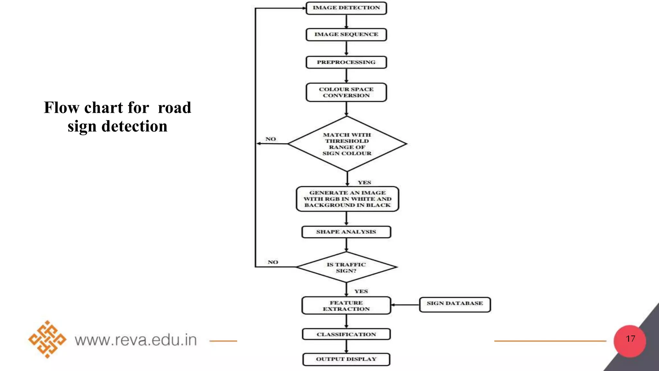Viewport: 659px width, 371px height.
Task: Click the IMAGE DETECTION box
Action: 346,8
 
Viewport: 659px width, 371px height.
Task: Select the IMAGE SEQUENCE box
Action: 346,34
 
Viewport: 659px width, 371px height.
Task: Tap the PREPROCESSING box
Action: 346,62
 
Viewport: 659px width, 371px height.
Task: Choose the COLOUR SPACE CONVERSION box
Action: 346,92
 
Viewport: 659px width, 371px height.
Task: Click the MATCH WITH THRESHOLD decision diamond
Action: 347,144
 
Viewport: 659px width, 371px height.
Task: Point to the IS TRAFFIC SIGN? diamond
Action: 346,267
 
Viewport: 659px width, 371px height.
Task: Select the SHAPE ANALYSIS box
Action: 346,232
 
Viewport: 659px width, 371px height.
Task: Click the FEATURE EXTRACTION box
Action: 346,306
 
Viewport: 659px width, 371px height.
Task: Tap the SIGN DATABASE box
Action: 455,304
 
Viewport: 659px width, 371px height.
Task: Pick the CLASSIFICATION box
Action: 346,334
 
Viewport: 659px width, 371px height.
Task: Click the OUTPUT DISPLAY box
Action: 346,359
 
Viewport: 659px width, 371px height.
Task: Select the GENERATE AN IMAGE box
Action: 347,199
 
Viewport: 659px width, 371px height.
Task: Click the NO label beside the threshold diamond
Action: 271,139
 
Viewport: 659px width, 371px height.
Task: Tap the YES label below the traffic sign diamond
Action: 361,291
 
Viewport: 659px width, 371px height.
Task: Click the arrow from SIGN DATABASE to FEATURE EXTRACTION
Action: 405,305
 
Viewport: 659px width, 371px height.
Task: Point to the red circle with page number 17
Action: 630,341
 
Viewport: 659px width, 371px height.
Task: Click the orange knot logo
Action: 47,339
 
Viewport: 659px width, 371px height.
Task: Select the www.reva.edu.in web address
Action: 136,340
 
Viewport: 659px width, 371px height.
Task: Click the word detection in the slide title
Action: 135,126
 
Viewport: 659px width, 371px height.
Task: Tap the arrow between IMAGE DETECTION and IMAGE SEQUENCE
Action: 346,22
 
